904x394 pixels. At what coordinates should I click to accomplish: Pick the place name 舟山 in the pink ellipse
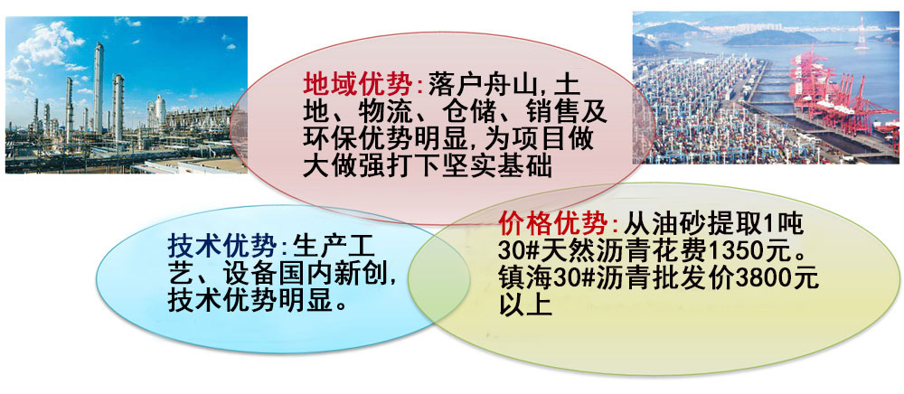512,85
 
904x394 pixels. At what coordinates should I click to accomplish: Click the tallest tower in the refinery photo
99,89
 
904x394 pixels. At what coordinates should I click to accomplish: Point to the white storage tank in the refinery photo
160,109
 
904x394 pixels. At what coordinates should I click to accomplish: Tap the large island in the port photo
780,38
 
